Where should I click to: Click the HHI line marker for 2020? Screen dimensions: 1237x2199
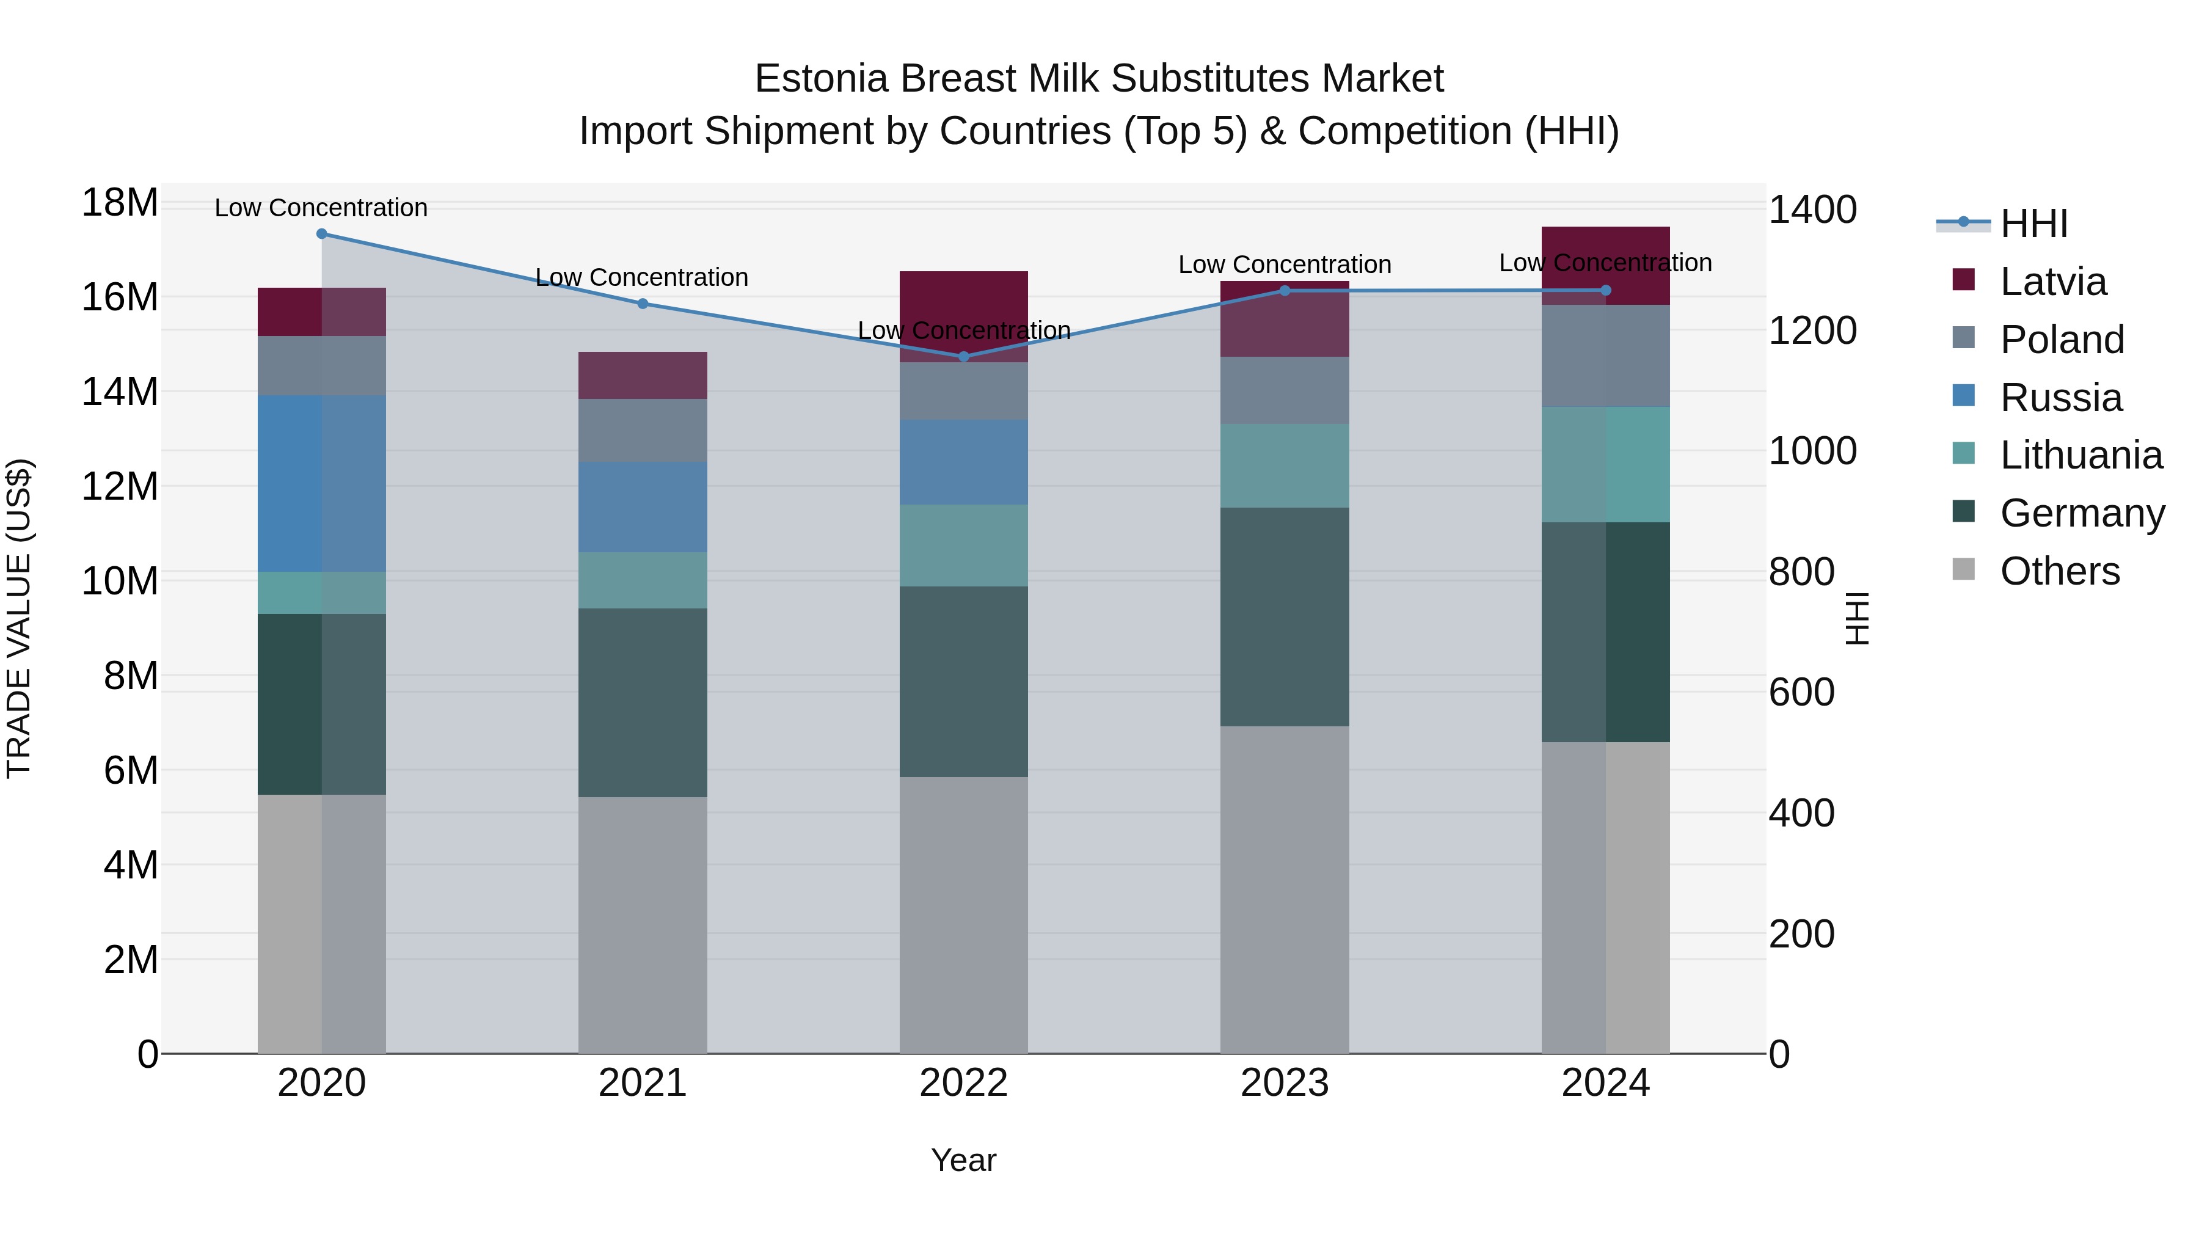[x=322, y=234]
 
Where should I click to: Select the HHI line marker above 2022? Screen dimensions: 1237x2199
[x=964, y=356]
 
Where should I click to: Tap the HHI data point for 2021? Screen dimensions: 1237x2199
[x=643, y=303]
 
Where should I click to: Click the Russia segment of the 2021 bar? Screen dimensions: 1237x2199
[x=643, y=507]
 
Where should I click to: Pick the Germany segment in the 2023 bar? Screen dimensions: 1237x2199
[x=1285, y=616]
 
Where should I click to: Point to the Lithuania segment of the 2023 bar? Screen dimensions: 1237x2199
[x=1285, y=465]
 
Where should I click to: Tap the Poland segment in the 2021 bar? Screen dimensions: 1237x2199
[x=643, y=430]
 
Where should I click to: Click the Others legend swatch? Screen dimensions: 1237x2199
[x=1963, y=569]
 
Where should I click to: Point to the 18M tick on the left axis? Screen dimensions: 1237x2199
[x=120, y=203]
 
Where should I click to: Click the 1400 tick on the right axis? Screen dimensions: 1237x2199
[x=1812, y=210]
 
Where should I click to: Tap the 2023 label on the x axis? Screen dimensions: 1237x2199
[x=1285, y=1083]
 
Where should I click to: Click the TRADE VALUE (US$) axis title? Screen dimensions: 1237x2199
[x=20, y=618]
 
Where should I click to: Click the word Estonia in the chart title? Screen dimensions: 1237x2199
[x=820, y=79]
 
